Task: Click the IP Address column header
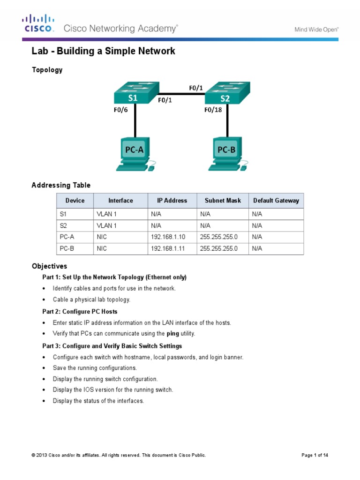pyautogui.click(x=172, y=201)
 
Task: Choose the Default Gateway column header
pyautogui.click(x=276, y=201)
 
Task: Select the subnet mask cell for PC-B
pyautogui.click(x=219, y=249)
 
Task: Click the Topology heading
pyautogui.click(x=47, y=70)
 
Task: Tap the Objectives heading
pyautogui.click(x=49, y=266)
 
